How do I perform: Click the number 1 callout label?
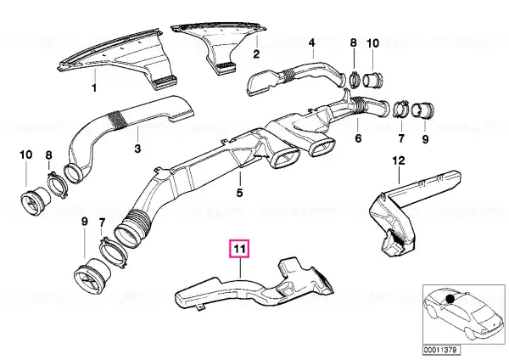(x=94, y=87)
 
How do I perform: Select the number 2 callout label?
(x=256, y=54)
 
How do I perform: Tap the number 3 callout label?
(x=137, y=149)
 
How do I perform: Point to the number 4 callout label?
(x=311, y=42)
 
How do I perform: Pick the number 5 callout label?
(x=239, y=193)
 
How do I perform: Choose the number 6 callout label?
(x=358, y=138)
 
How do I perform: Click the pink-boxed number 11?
(x=239, y=249)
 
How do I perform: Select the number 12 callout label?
(x=399, y=160)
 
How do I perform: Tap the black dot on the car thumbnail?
(x=450, y=299)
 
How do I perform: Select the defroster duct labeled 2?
(x=220, y=46)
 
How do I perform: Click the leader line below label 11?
(x=240, y=268)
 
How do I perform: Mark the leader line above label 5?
(x=240, y=177)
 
